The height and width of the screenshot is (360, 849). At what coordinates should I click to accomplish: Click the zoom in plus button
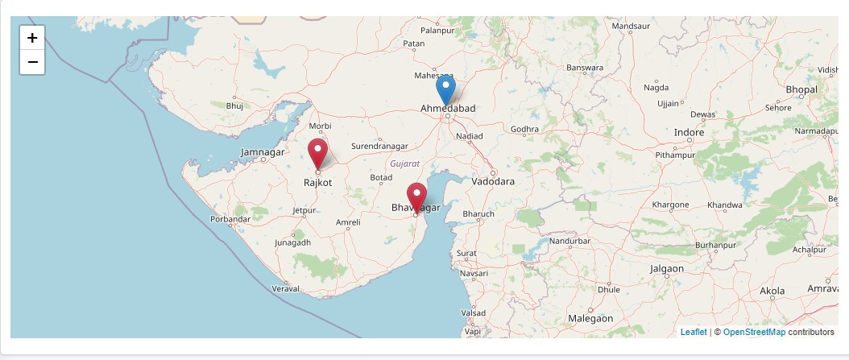tap(32, 38)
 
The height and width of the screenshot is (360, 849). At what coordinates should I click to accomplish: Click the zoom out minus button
tap(32, 61)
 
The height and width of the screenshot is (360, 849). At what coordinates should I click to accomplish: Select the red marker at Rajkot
tap(318, 152)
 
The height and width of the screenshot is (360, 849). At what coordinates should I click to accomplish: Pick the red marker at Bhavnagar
tap(416, 197)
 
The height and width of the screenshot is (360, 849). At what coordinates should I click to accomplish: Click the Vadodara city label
tap(493, 181)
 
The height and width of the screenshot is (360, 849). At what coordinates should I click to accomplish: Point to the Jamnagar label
tap(263, 151)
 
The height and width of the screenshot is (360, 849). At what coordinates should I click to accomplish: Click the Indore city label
tap(689, 132)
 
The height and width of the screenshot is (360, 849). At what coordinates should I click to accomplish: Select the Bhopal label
tap(801, 89)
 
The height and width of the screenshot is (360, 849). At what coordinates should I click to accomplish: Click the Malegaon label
tap(590, 318)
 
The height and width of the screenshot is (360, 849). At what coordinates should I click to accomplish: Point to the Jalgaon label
tap(666, 268)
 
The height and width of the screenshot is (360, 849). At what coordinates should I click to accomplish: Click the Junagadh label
tap(292, 242)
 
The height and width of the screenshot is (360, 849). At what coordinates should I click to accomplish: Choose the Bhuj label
tap(234, 106)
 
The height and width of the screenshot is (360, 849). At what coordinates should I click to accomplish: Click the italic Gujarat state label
tap(404, 163)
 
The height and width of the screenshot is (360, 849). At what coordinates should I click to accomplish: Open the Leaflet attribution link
tap(693, 332)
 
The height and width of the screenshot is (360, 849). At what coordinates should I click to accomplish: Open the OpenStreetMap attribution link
tap(754, 332)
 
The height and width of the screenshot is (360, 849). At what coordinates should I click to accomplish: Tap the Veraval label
tap(286, 288)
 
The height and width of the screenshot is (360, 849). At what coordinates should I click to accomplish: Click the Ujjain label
tap(668, 103)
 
